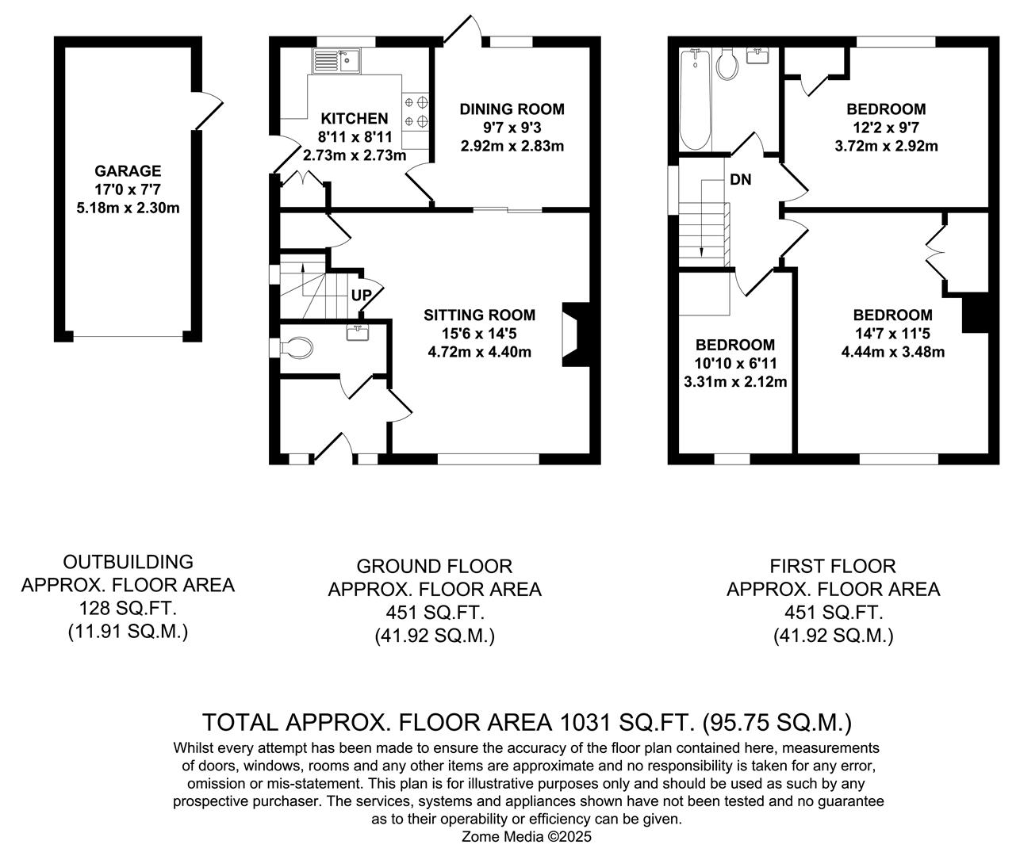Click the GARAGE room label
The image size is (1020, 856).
pyautogui.click(x=128, y=170)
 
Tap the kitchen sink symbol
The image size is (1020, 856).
pyautogui.click(x=336, y=60)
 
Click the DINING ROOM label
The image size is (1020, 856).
pyautogui.click(x=512, y=109)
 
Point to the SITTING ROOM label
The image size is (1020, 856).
pyautogui.click(x=479, y=315)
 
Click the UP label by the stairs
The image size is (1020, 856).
pyautogui.click(x=361, y=296)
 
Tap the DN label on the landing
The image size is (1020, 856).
pyautogui.click(x=740, y=180)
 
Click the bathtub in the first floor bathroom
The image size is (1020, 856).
pyautogui.click(x=696, y=98)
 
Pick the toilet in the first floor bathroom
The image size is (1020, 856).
pyautogui.click(x=726, y=65)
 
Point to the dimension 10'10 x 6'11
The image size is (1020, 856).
pyautogui.click(x=735, y=364)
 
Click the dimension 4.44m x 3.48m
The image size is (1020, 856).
pyautogui.click(x=892, y=352)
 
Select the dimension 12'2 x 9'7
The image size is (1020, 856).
pyautogui.click(x=886, y=128)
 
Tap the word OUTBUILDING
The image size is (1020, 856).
pyautogui.click(x=128, y=562)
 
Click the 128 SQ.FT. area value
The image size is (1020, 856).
pyautogui.click(x=128, y=609)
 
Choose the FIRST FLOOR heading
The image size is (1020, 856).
pyautogui.click(x=833, y=566)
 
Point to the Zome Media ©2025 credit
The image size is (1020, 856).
pyautogui.click(x=527, y=836)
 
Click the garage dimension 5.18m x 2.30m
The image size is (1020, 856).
pyautogui.click(x=128, y=208)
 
